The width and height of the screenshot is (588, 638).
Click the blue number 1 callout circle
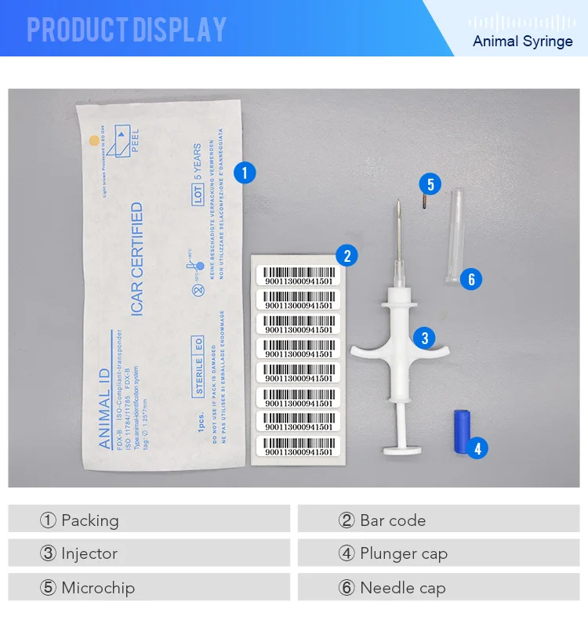[x=245, y=172]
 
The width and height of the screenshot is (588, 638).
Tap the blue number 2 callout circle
[x=346, y=256]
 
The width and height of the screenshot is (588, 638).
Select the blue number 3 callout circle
[x=424, y=339]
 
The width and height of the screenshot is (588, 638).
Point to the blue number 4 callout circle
[x=476, y=448]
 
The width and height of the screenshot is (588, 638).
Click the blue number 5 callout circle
[x=430, y=185]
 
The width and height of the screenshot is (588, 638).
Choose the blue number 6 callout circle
[x=470, y=279]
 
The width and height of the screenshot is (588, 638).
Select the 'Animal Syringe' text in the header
[x=522, y=41]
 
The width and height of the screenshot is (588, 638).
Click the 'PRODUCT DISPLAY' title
[x=126, y=30]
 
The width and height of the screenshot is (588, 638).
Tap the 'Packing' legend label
[x=89, y=520]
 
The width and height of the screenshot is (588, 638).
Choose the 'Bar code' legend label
[x=392, y=520]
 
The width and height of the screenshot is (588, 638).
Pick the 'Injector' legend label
[x=89, y=553]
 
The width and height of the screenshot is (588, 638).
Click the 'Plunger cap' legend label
[x=403, y=553]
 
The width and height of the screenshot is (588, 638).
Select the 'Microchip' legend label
[x=97, y=588]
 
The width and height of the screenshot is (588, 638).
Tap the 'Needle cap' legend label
[x=402, y=588]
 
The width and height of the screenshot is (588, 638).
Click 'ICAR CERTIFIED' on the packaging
[x=136, y=259]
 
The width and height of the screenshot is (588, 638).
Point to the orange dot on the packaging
[x=94, y=141]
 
